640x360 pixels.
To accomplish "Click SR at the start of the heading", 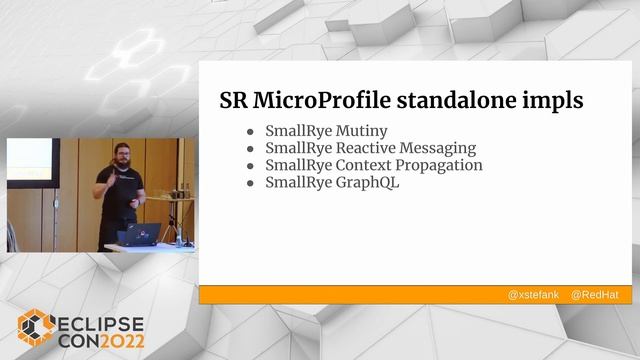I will [x=234, y=101].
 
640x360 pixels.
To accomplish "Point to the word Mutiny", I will [x=360, y=131].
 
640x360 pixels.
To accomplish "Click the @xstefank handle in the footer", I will [x=533, y=296].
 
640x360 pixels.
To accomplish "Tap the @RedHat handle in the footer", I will [x=594, y=296].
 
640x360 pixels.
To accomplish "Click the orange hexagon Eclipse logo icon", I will [x=35, y=327].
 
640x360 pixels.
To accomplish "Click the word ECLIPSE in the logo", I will [x=100, y=322].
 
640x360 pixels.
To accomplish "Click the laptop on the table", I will [x=137, y=235].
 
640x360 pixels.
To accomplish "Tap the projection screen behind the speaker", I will [x=30, y=160].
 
